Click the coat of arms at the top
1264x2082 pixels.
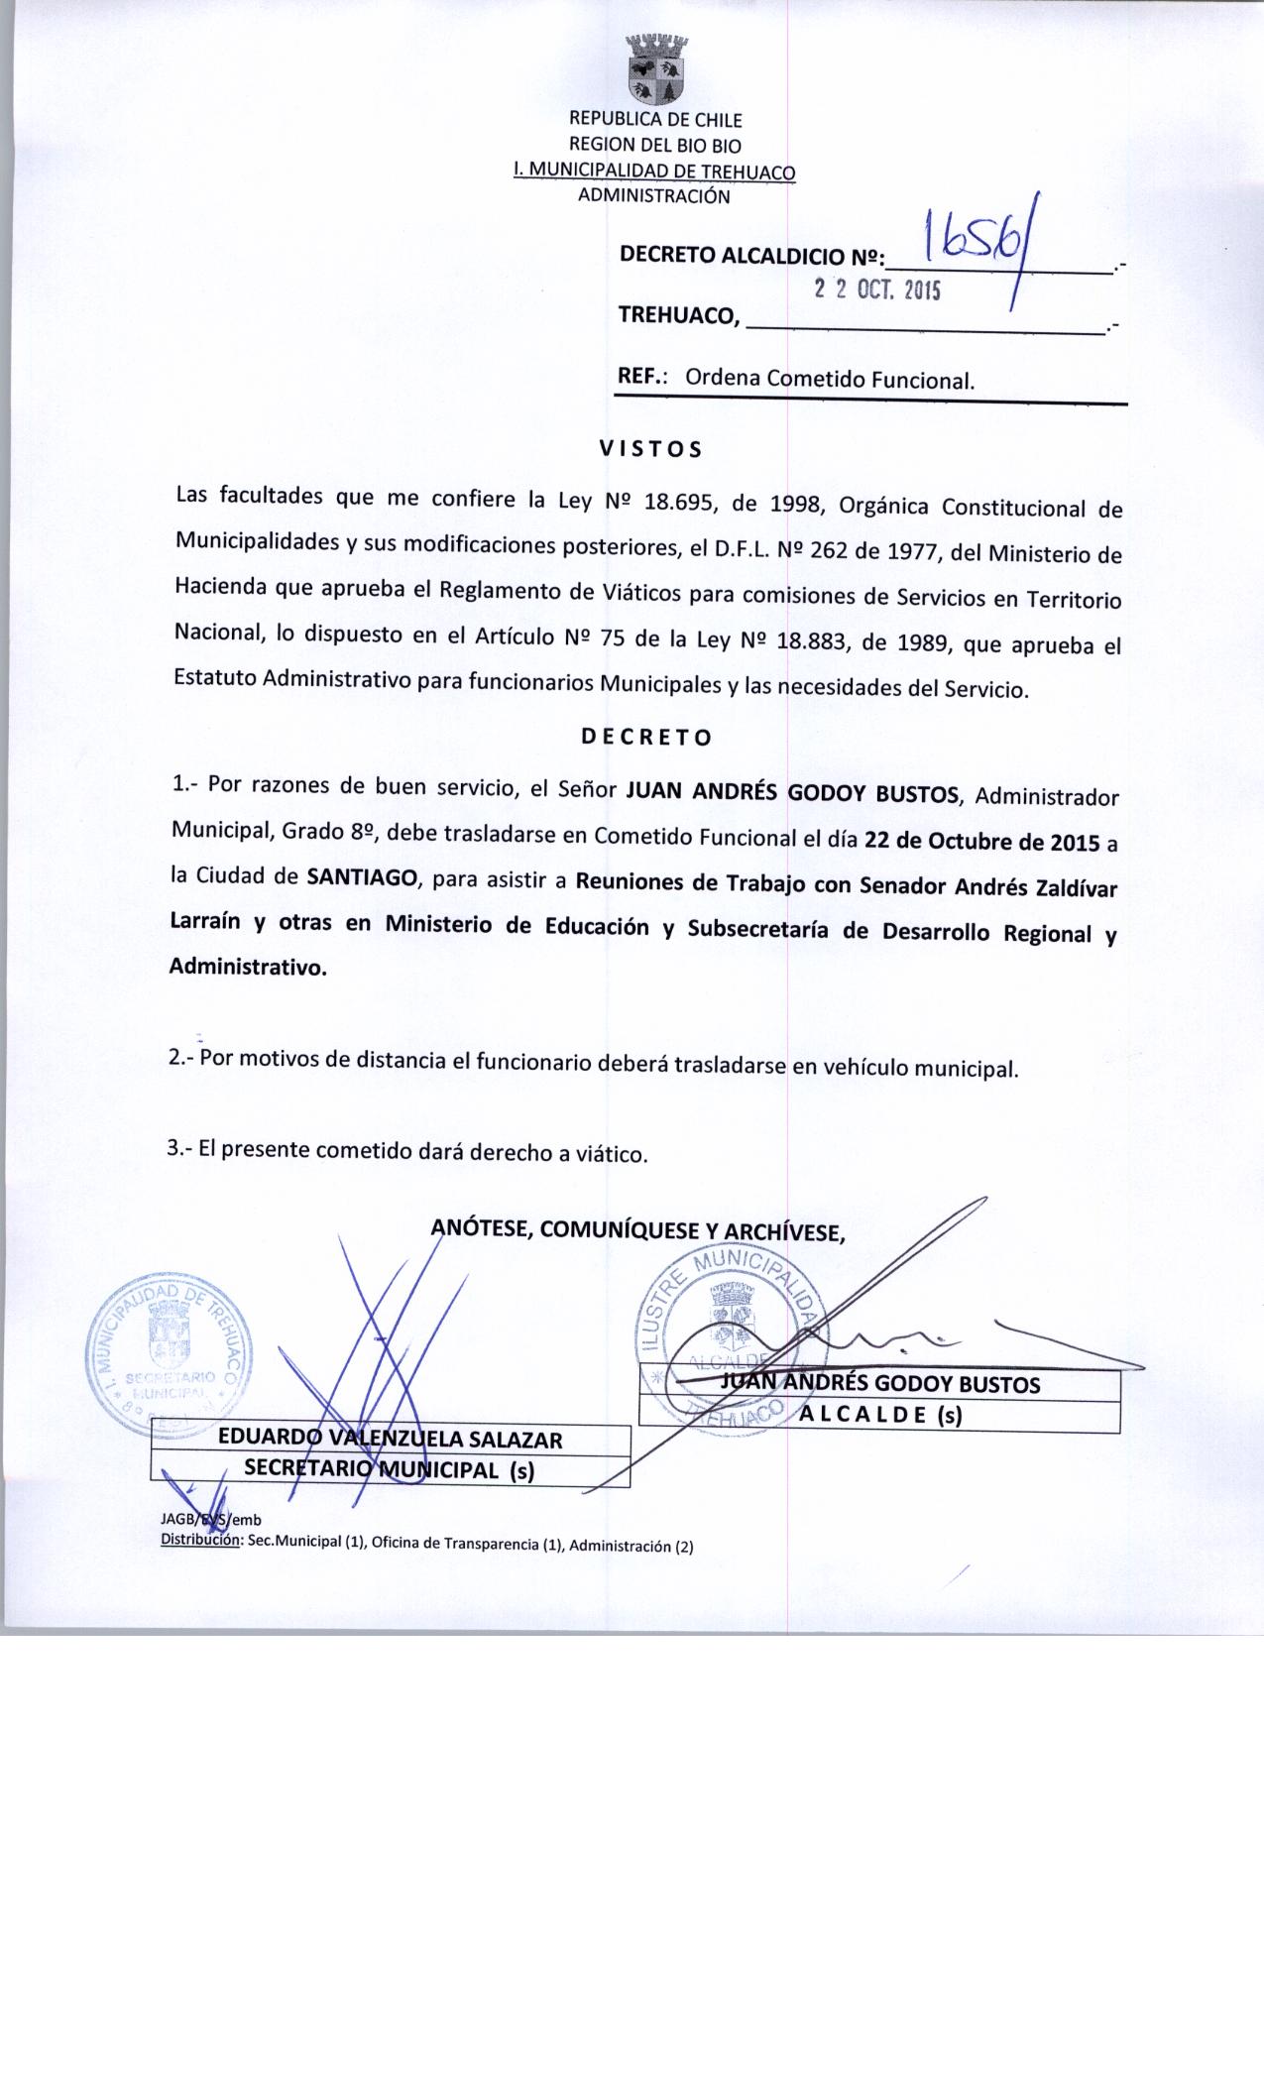point(657,68)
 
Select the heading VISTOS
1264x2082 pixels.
point(650,449)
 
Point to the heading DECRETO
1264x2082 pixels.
point(645,738)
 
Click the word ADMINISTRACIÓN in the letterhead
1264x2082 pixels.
point(653,195)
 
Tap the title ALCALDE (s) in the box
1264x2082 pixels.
point(880,1416)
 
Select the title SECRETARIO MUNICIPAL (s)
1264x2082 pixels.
point(390,1470)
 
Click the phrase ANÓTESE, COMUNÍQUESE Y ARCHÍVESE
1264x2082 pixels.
point(637,1232)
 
